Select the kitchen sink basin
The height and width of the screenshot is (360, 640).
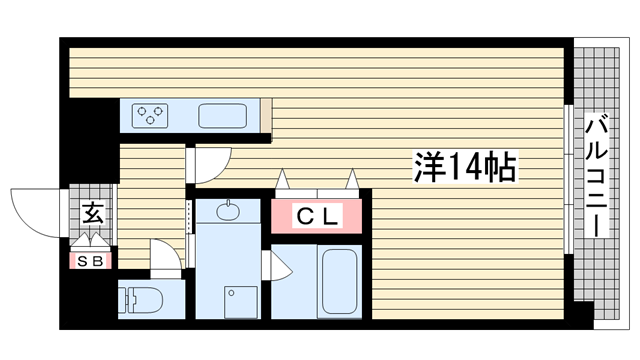point(223,115)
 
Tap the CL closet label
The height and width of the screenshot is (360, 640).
point(318,215)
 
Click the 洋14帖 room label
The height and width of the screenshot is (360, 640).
point(464,168)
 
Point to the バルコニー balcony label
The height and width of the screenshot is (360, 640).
point(598,176)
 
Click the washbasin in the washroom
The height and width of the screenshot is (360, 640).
point(227,212)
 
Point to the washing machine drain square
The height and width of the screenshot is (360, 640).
point(239,299)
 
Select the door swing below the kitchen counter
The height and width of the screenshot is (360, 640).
point(211,162)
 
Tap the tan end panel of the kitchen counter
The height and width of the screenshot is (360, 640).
point(265,115)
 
